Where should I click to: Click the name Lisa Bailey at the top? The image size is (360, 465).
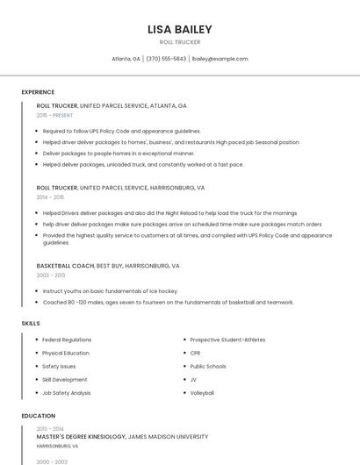tap(180, 29)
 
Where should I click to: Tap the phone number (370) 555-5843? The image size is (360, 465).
tap(167, 59)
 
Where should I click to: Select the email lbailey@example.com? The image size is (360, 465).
tap(220, 59)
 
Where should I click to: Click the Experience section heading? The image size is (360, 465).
tap(38, 92)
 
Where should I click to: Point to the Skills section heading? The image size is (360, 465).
tap(31, 323)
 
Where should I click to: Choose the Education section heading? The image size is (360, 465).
tap(38, 416)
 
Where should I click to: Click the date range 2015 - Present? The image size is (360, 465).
tap(54, 115)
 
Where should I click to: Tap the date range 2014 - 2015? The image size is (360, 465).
tap(50, 197)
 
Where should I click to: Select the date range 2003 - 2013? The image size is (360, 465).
tap(51, 275)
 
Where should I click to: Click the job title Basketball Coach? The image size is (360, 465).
tap(65, 265)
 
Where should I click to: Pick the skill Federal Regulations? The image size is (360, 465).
tap(67, 340)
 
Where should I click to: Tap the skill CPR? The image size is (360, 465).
tap(195, 353)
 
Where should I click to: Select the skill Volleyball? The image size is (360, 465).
tap(202, 393)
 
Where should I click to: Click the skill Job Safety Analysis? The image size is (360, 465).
tap(66, 393)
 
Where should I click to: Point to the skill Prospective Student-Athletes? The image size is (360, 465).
tap(227, 340)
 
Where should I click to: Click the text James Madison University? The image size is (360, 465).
tap(168, 436)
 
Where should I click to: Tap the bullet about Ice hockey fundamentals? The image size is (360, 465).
tap(110, 290)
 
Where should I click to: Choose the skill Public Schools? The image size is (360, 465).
tap(208, 366)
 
